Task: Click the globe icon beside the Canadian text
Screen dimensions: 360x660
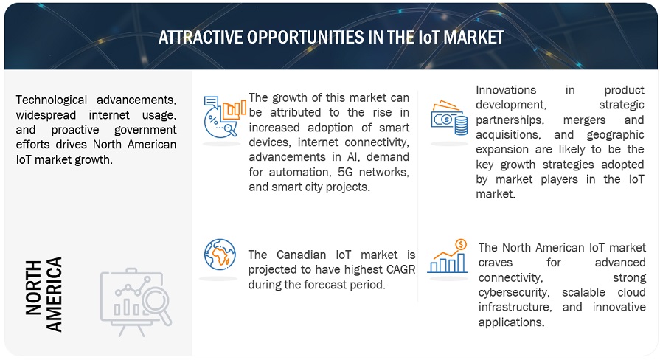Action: coord(220,255)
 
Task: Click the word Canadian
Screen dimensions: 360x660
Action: coord(298,255)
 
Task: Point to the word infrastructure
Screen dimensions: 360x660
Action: coord(514,307)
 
